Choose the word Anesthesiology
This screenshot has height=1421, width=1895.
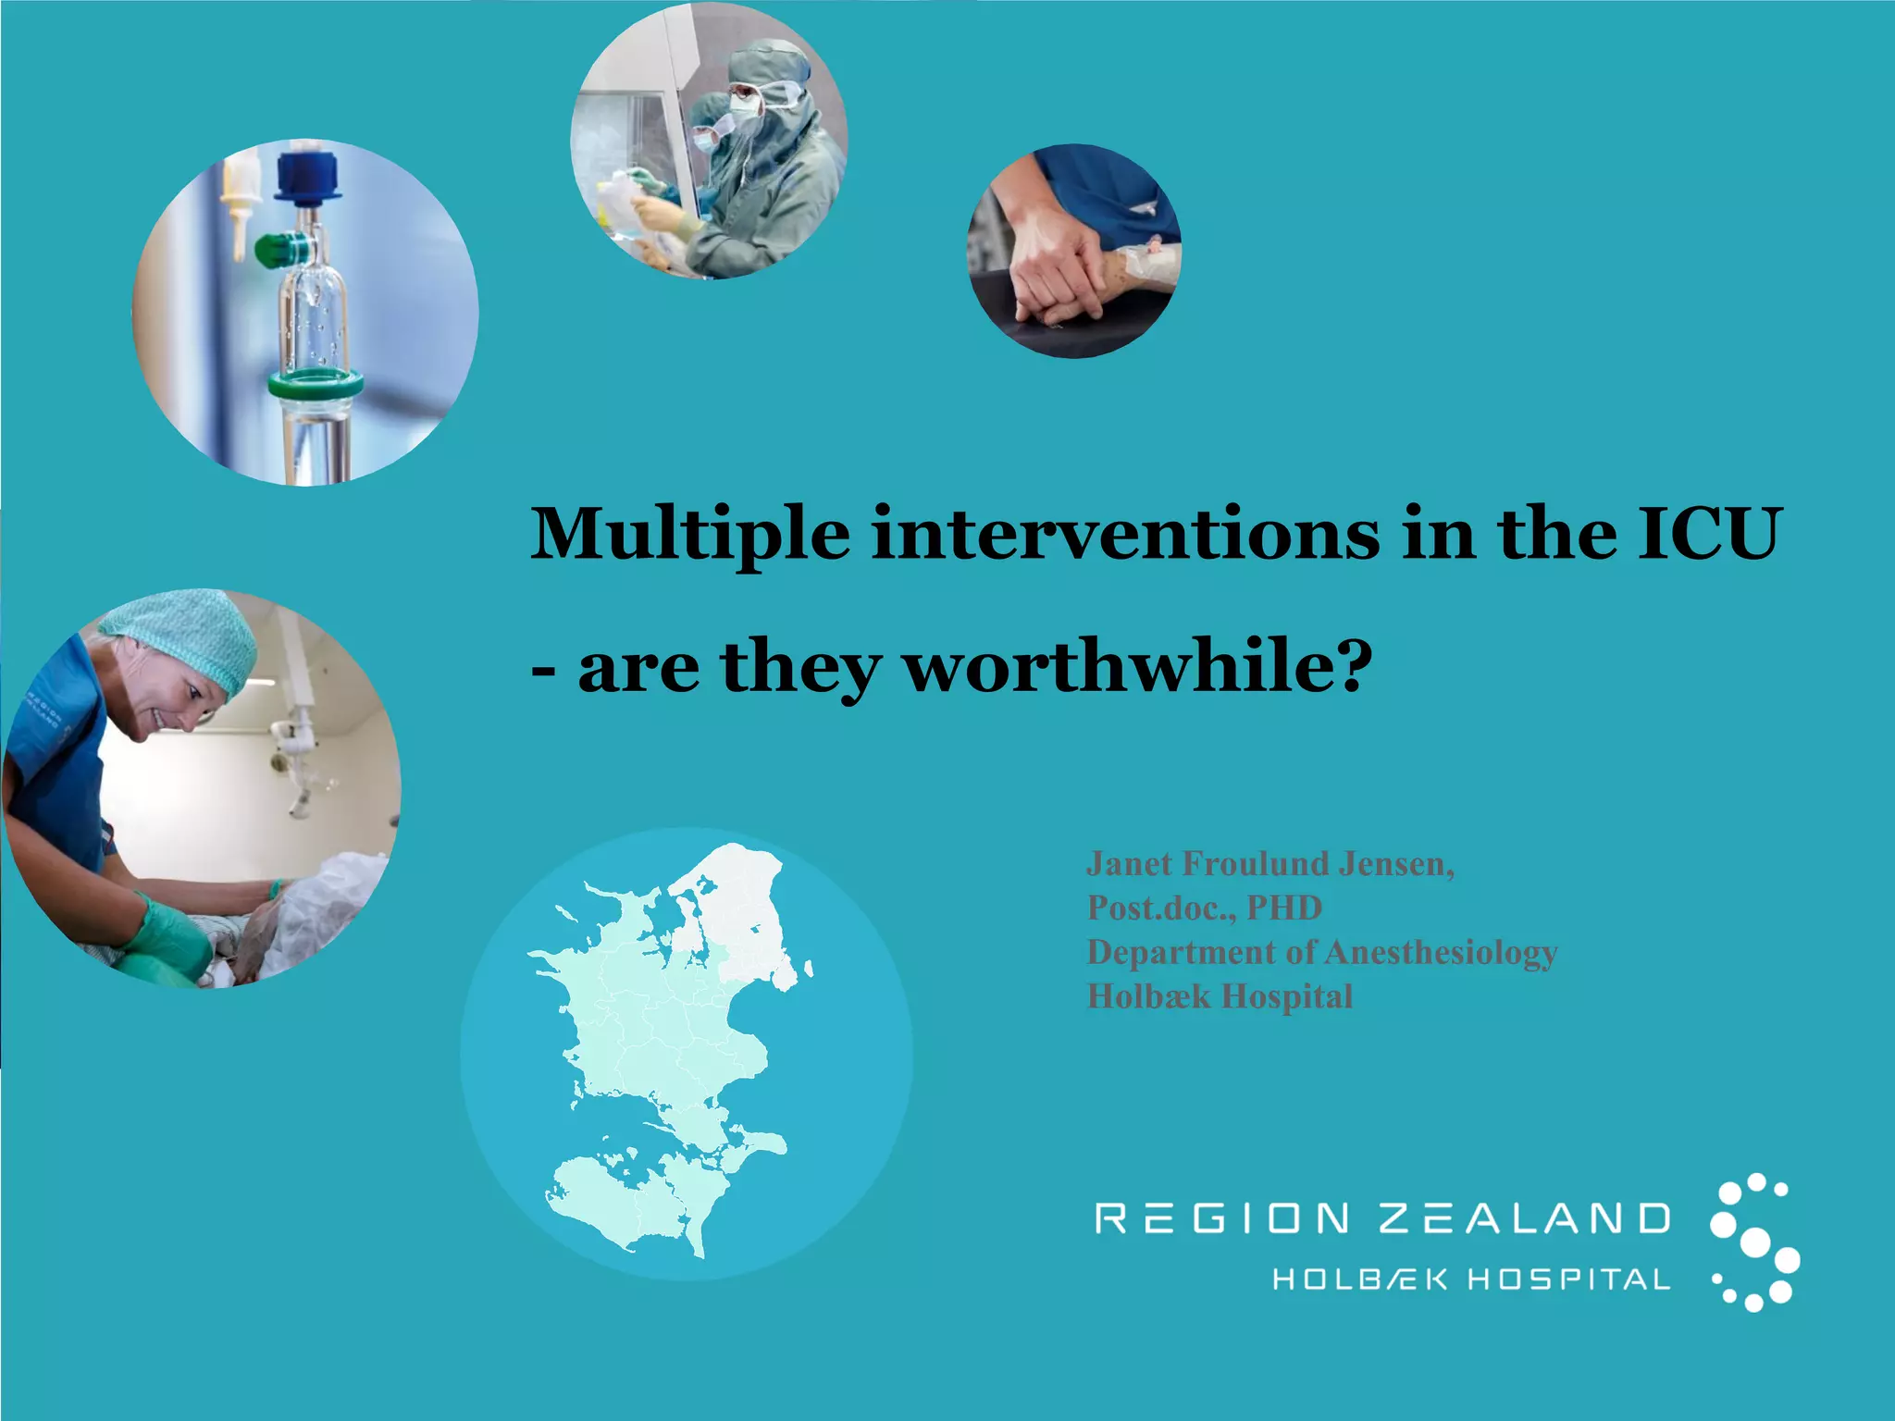point(1440,952)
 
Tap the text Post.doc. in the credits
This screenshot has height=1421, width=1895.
point(1160,908)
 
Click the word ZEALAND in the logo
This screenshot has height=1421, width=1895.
point(1525,1218)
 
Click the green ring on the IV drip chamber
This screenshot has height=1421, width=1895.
point(315,383)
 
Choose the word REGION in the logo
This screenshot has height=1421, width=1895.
point(1222,1218)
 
